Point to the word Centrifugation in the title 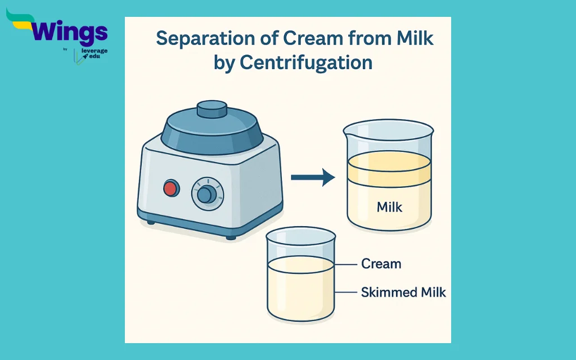(x=306, y=62)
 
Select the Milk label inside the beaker (x=390, y=208)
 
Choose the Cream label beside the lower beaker (x=381, y=264)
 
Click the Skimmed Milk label (x=403, y=292)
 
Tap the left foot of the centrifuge (x=151, y=222)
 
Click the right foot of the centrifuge (x=231, y=237)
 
